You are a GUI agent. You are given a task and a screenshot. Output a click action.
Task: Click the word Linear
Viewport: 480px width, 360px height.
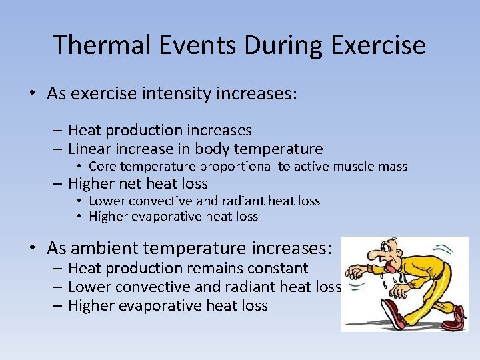pyautogui.click(x=89, y=149)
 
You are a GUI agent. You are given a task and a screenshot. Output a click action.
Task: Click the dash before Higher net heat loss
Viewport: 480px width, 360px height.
pyautogui.click(x=58, y=183)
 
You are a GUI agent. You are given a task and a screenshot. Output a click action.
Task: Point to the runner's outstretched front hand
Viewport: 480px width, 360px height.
pyautogui.click(x=355, y=273)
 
